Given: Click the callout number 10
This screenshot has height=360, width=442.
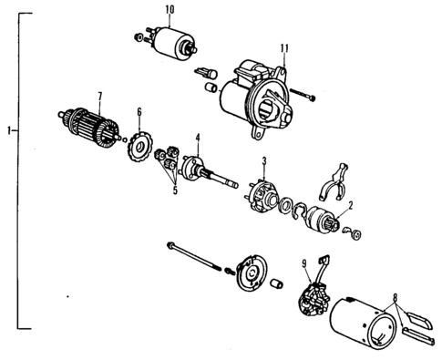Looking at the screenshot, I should click(x=170, y=10).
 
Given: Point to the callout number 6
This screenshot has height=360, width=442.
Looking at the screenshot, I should click(x=139, y=111).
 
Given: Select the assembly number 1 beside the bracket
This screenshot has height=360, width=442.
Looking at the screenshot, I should click(x=7, y=131).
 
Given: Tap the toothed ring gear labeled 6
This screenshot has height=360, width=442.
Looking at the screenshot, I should click(x=140, y=146).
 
